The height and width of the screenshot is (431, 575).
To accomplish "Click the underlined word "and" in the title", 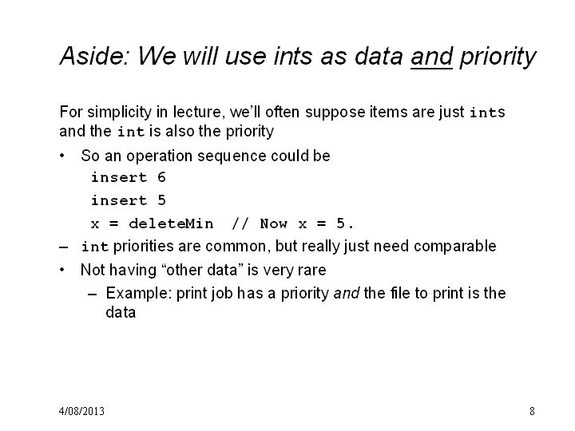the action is point(431,57).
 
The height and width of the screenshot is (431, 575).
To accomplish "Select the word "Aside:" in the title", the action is point(95,56).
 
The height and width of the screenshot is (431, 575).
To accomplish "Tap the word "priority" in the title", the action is point(498,58).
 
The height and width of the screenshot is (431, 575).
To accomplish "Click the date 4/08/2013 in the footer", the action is point(81,411).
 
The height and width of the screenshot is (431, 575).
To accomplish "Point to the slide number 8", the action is point(532,411).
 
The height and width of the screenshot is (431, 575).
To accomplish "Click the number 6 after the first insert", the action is point(161,177).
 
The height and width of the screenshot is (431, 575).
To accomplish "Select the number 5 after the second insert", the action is point(161,200).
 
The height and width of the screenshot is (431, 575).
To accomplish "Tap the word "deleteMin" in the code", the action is point(171,223).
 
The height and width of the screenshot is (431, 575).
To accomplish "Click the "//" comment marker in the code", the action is point(240,223).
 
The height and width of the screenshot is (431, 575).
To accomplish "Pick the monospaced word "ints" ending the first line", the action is point(487,113).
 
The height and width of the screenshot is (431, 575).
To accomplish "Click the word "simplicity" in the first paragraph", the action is point(120,113).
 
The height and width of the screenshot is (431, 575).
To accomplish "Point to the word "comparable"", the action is point(454,246).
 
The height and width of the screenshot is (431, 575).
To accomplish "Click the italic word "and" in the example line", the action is point(346,293).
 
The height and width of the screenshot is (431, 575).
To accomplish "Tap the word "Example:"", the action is point(139,294).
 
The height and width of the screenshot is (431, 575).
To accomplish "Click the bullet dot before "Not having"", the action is point(62,270).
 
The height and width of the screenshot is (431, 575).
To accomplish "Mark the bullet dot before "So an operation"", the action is point(62,156).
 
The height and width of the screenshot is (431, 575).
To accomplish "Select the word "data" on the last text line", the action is point(121,312).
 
